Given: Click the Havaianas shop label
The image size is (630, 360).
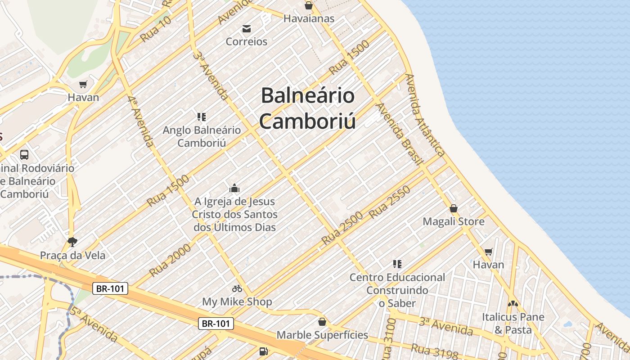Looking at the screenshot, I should tap(309, 18).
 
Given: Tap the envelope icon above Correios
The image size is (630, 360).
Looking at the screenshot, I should tap(247, 29).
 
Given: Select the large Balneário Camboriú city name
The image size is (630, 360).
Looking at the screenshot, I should tap(308, 108).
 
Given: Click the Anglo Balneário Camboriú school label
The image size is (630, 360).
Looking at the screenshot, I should tap(202, 136).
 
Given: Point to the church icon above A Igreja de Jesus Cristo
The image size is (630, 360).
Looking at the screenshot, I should tap(234, 188).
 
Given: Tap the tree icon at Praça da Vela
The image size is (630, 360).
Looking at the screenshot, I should tap(72, 242).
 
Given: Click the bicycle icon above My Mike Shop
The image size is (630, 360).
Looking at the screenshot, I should tap(237, 288).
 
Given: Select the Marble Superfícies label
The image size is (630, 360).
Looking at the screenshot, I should tap(322, 335).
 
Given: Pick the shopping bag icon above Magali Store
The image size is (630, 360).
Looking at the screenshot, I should tap(454, 209).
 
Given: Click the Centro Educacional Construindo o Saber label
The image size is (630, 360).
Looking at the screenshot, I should tap(397, 290).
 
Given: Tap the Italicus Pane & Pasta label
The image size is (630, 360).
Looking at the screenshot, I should tap(513, 323).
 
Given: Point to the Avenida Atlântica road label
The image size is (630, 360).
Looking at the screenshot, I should tap(425, 115).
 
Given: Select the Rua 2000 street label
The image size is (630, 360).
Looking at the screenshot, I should tap(170, 263).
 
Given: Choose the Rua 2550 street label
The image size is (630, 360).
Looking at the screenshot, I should tap(390, 202).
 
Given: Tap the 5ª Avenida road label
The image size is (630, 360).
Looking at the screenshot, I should tap(93, 324).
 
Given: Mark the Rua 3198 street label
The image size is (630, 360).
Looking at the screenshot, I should tap(435, 351).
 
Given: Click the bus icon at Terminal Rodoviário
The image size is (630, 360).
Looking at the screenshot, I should tap(24, 155).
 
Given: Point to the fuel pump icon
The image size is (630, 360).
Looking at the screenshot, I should tap(263, 351).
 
